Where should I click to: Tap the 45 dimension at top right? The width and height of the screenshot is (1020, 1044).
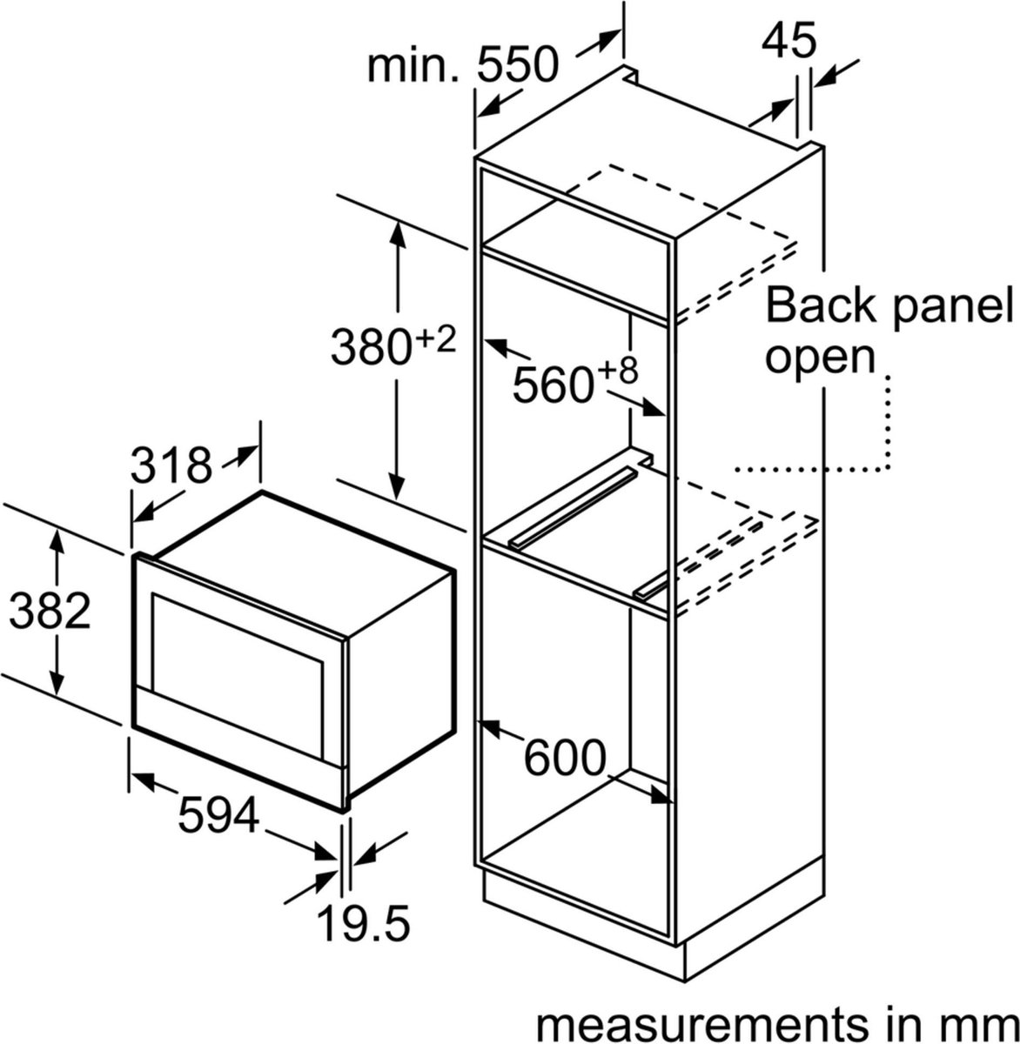pos(791,40)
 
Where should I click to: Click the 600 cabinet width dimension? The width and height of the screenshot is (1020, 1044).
pos(564,760)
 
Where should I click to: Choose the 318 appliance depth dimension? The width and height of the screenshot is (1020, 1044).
pos(171,466)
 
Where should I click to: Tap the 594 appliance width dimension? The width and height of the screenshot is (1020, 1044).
pos(218,816)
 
